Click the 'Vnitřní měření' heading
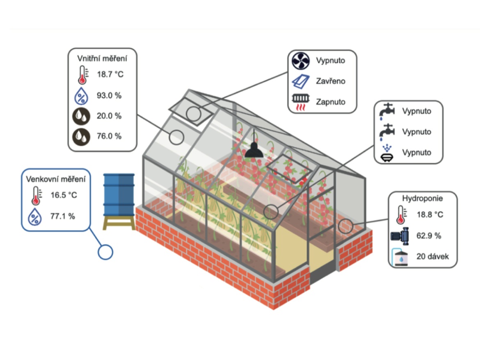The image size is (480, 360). click(x=102, y=58)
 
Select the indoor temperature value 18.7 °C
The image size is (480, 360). click(x=110, y=75)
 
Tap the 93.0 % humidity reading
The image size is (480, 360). click(x=109, y=96)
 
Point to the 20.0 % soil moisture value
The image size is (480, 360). click(x=109, y=116)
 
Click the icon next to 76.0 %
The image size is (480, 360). click(x=82, y=136)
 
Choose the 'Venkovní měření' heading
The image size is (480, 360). click(x=56, y=179)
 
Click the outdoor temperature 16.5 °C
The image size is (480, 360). click(x=64, y=195)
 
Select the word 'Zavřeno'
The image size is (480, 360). click(x=331, y=81)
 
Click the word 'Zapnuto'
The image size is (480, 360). click(x=331, y=102)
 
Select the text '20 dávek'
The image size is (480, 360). click(x=433, y=257)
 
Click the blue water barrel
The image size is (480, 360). click(x=119, y=194)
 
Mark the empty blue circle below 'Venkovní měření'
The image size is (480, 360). click(x=105, y=252)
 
